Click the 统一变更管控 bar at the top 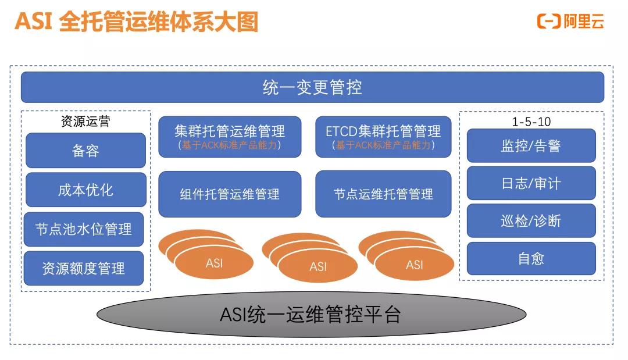click(312, 87)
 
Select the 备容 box click(85, 151)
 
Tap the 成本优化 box click(85, 190)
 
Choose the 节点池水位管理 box click(84, 229)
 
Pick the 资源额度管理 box click(84, 268)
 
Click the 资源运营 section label click(85, 122)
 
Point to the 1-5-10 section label click(531, 122)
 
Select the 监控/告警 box click(531, 145)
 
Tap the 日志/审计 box click(531, 183)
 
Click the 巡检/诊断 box click(531, 221)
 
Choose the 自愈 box click(531, 258)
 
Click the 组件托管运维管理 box click(230, 194)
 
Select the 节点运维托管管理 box click(383, 194)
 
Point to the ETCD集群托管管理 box click(383, 131)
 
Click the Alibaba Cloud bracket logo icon click(548, 22)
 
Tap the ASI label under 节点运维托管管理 click(414, 265)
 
